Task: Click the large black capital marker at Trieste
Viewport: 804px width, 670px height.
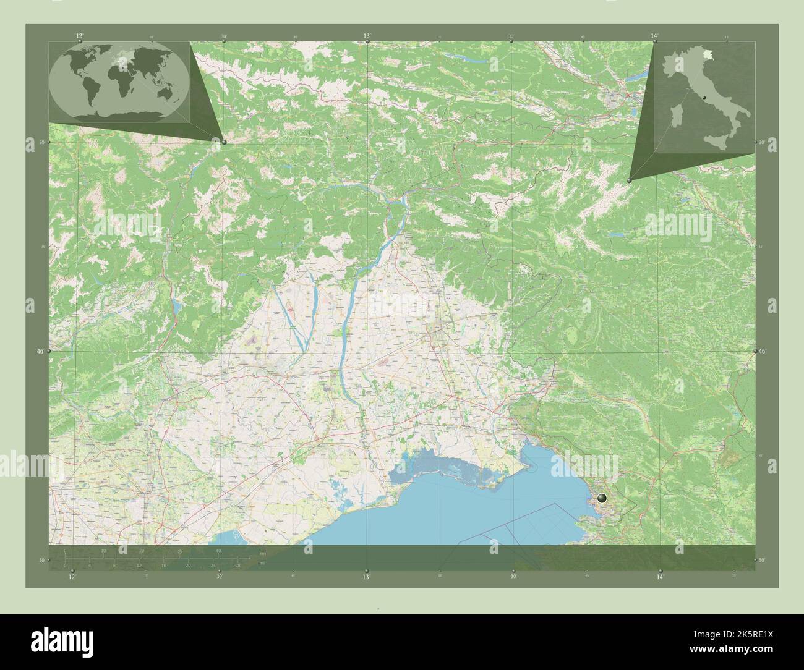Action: [x=602, y=498]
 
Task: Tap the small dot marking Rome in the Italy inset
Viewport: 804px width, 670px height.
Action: [x=704, y=97]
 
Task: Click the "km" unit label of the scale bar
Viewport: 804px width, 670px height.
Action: [x=262, y=553]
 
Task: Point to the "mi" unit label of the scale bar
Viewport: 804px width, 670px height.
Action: [x=262, y=563]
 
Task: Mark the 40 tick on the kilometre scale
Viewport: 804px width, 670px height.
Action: [x=218, y=551]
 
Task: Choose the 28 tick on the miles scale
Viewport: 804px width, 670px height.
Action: [x=238, y=566]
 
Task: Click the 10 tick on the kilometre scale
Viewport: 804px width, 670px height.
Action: [x=104, y=551]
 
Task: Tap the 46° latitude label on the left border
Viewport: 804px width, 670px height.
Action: [x=40, y=351]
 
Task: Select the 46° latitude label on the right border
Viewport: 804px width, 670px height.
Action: [x=763, y=351]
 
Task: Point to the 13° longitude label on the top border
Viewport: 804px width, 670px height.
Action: [x=367, y=36]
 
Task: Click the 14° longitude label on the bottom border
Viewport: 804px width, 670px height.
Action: [x=660, y=577]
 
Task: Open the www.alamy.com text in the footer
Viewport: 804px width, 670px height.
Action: [x=742, y=648]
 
